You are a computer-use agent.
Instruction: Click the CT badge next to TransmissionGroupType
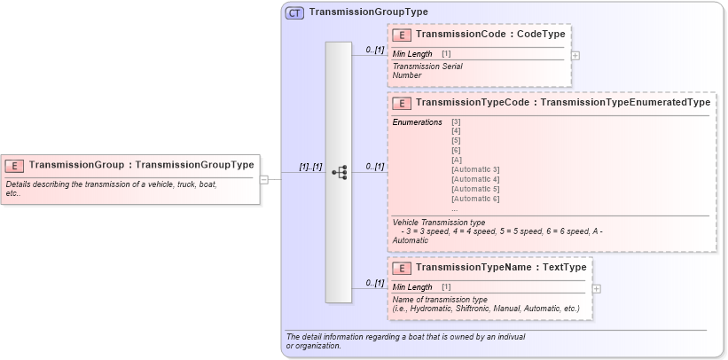[x=294, y=12]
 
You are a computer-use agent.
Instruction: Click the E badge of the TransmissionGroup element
[x=14, y=165]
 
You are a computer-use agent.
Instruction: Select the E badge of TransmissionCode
[x=402, y=35]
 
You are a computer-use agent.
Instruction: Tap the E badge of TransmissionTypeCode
[x=402, y=103]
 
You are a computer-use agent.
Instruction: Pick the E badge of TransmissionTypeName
[x=402, y=268]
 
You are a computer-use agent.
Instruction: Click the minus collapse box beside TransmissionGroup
[x=264, y=179]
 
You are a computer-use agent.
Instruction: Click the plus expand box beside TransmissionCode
[x=575, y=55]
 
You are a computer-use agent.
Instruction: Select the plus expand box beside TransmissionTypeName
[x=597, y=288]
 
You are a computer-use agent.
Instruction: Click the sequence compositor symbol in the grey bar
[x=339, y=172]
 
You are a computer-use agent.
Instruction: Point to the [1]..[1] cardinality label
[x=310, y=166]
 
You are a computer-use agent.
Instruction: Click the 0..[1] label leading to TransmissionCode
[x=374, y=51]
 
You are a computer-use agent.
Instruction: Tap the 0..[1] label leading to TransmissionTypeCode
[x=374, y=166]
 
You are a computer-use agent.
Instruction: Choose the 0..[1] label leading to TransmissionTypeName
[x=374, y=283]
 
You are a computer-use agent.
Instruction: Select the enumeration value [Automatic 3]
[x=475, y=169]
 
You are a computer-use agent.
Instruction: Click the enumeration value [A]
[x=456, y=160]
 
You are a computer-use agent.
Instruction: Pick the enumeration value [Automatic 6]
[x=475, y=199]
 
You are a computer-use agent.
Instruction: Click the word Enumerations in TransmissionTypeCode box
[x=417, y=121]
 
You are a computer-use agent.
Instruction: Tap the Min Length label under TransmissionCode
[x=412, y=54]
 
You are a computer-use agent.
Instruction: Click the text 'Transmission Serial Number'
[x=427, y=71]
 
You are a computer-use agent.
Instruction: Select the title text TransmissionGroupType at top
[x=368, y=12]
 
